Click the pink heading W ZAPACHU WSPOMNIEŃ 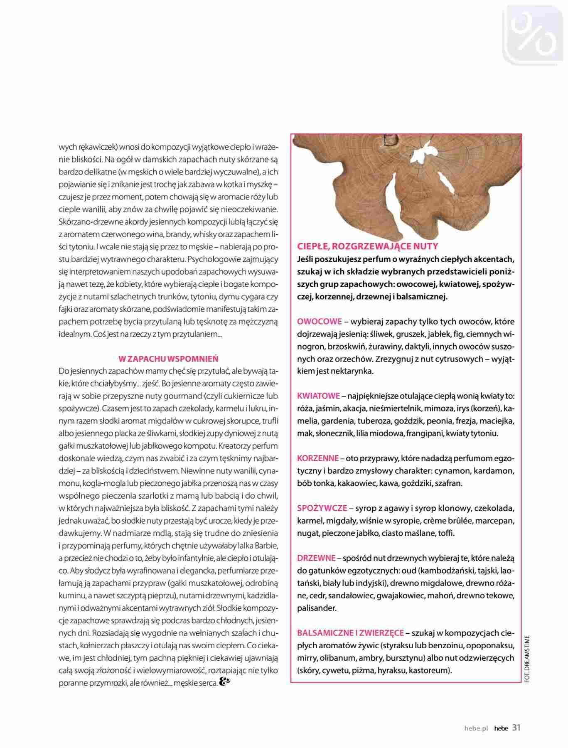click(x=168, y=359)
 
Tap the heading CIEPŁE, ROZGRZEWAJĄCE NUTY click(x=367, y=246)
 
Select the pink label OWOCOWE click(x=320, y=321)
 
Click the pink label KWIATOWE click(x=318, y=396)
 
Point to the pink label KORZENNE click(x=318, y=458)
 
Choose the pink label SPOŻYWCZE click(x=322, y=508)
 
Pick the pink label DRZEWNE click(x=316, y=558)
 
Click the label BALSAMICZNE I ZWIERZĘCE click(x=350, y=632)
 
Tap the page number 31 click(x=516, y=727)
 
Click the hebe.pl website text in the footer click(x=476, y=728)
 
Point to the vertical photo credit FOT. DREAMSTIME click(x=527, y=659)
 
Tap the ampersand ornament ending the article click(x=224, y=682)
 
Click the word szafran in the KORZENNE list click(x=449, y=483)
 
